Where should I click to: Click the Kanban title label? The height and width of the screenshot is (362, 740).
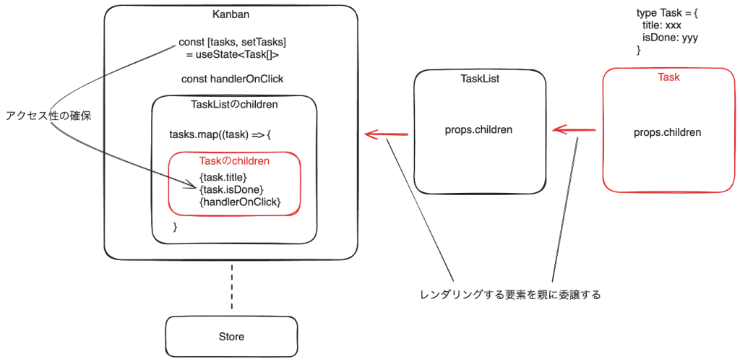pyautogui.click(x=231, y=14)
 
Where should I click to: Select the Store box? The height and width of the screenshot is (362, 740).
pyautogui.click(x=231, y=337)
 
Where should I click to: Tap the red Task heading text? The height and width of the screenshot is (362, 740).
pyautogui.click(x=668, y=77)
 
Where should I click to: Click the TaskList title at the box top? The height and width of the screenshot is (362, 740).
pyautogui.click(x=480, y=79)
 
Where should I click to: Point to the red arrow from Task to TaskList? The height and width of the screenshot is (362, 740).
pyautogui.click(x=574, y=130)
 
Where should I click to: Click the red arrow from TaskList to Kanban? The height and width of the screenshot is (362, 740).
pyautogui.click(x=387, y=134)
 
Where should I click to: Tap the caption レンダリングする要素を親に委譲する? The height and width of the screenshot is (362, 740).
pyautogui.click(x=510, y=295)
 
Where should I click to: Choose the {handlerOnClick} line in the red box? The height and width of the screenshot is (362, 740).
pyautogui.click(x=239, y=202)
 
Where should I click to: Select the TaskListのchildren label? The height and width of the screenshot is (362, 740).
pyautogui.click(x=234, y=104)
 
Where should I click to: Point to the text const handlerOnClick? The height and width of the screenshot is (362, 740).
pyautogui.click(x=232, y=79)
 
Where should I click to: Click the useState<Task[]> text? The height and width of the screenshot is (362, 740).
pyautogui.click(x=232, y=55)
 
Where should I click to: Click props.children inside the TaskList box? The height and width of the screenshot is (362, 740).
pyautogui.click(x=480, y=131)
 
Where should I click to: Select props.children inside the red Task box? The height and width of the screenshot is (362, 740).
pyautogui.click(x=668, y=132)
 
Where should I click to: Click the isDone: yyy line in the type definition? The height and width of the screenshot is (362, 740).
pyautogui.click(x=670, y=38)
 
